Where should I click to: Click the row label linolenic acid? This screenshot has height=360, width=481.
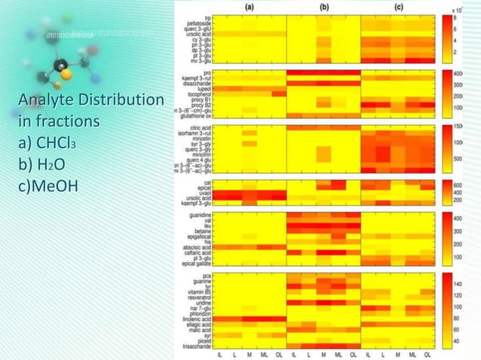click(196, 319)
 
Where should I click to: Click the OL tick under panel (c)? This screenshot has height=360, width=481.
click(427, 355)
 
